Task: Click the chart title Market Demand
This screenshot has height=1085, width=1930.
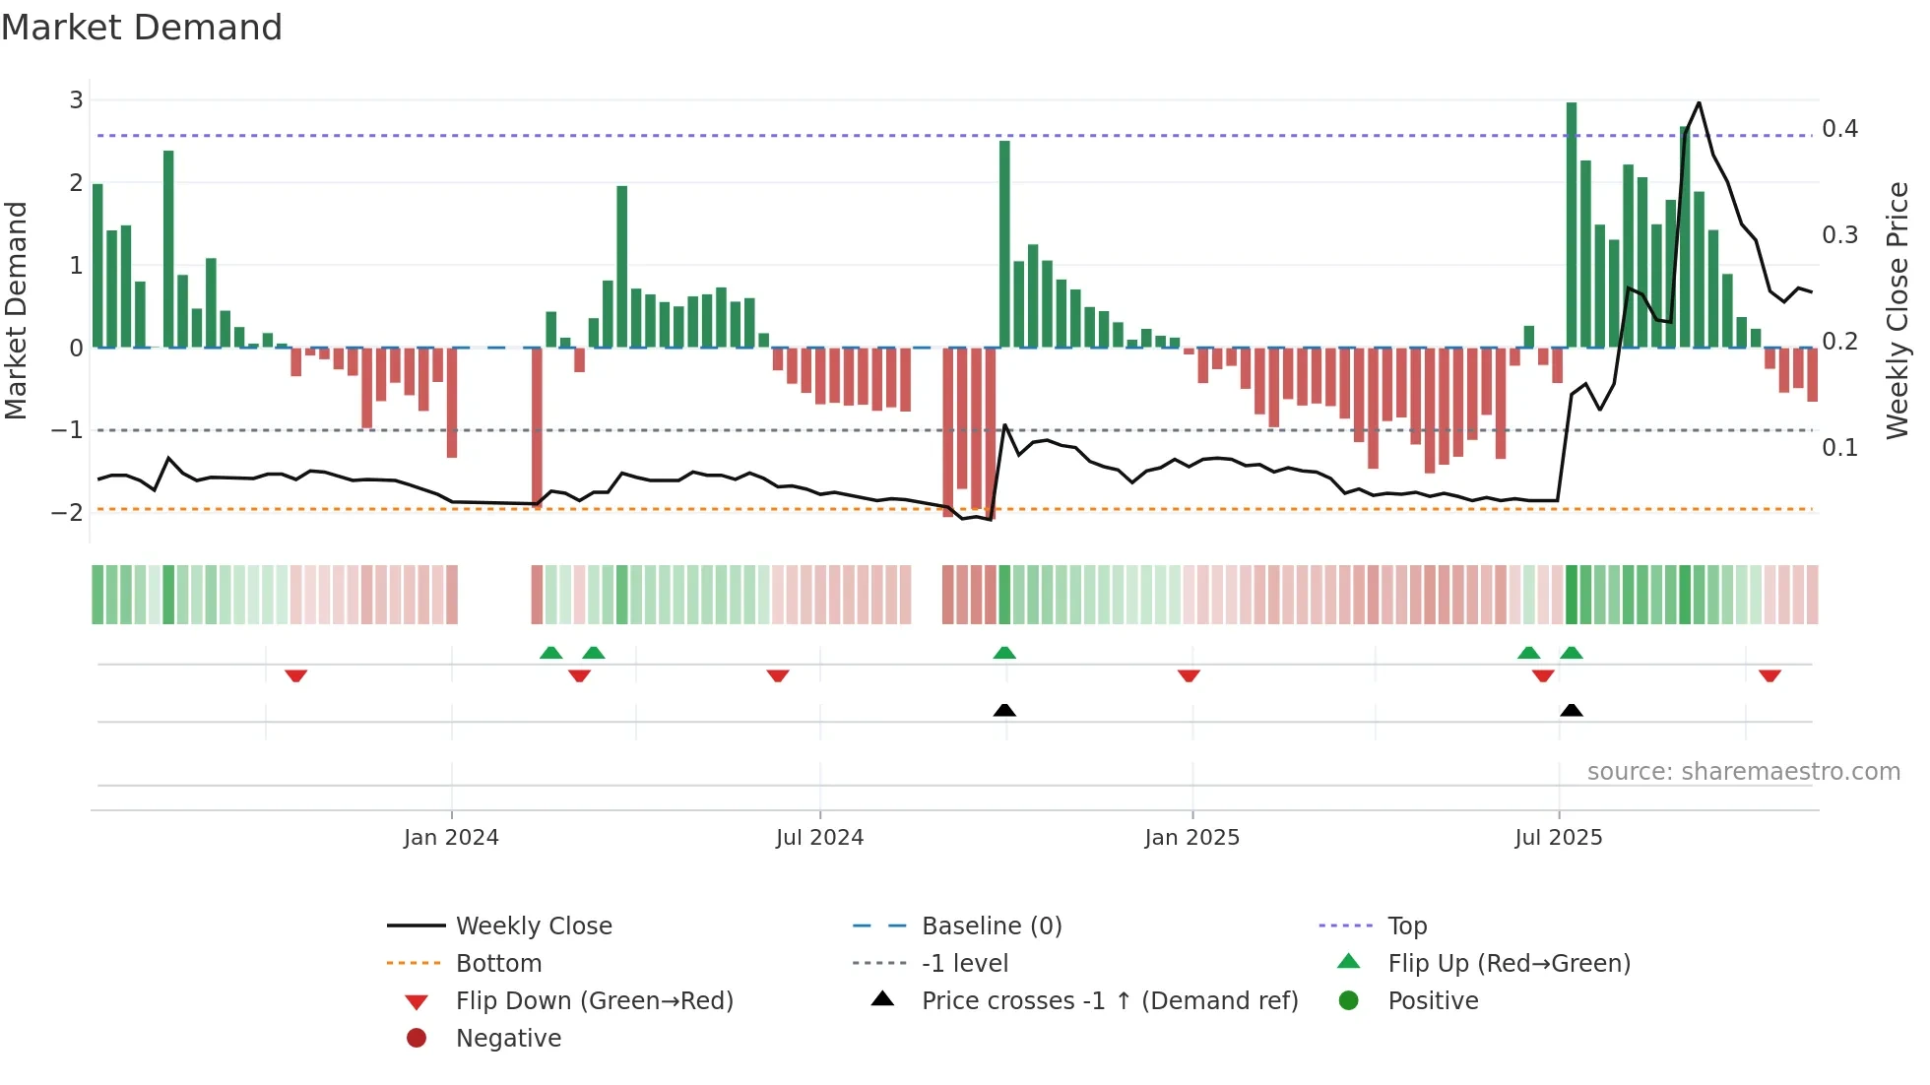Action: tap(142, 28)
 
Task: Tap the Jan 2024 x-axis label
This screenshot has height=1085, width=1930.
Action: tap(451, 838)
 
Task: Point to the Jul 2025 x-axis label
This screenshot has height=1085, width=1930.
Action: tap(1558, 838)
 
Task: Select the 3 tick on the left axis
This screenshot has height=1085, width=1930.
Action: tap(76, 100)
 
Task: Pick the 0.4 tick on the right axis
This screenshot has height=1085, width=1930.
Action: tap(1839, 129)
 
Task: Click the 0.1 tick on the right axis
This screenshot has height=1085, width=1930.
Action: tap(1839, 448)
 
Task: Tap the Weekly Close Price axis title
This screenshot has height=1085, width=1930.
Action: tap(1897, 310)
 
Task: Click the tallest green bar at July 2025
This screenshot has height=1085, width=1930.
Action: tap(1572, 226)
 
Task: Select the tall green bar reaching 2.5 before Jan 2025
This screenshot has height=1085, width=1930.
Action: tap(1004, 246)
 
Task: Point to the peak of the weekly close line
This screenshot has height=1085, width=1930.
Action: tap(1699, 103)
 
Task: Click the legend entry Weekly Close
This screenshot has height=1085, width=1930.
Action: tap(533, 926)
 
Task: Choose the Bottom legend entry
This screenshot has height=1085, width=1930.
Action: tap(498, 964)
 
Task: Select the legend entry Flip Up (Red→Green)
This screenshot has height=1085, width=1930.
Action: tap(1509, 964)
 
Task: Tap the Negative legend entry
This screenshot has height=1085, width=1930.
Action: tap(508, 1039)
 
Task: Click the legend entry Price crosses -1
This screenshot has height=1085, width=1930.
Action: tap(1109, 1001)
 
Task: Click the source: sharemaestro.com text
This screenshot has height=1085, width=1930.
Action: tap(1743, 772)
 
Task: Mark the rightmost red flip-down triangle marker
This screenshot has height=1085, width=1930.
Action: tap(1769, 675)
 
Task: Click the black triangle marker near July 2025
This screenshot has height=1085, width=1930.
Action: tap(1572, 710)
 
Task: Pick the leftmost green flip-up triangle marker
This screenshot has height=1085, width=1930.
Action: tap(551, 653)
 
